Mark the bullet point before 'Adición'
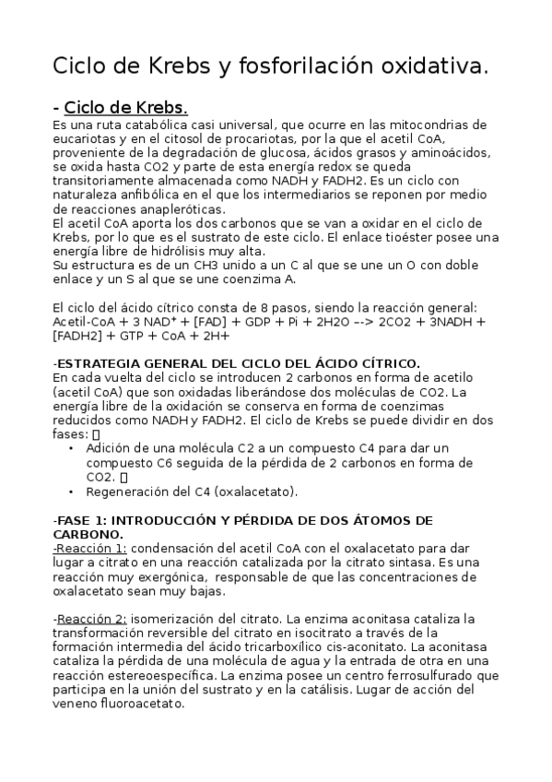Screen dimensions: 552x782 tap(72, 449)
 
